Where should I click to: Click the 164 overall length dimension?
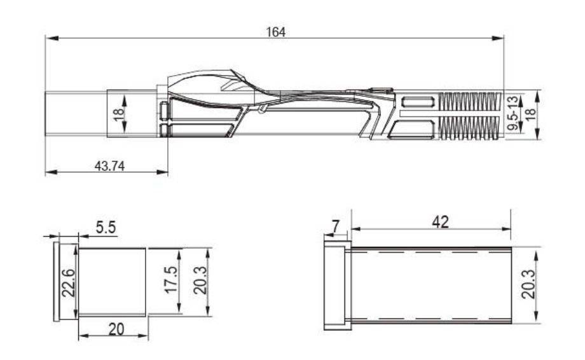(x=276, y=32)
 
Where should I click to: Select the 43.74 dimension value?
(x=109, y=165)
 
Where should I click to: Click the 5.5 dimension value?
(x=106, y=227)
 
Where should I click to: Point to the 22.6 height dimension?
(x=69, y=282)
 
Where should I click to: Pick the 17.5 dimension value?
(x=171, y=280)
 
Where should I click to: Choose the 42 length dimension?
(x=440, y=223)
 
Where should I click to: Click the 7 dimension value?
(x=336, y=226)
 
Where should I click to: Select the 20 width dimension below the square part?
(x=116, y=329)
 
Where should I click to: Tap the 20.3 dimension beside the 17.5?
(x=200, y=280)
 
